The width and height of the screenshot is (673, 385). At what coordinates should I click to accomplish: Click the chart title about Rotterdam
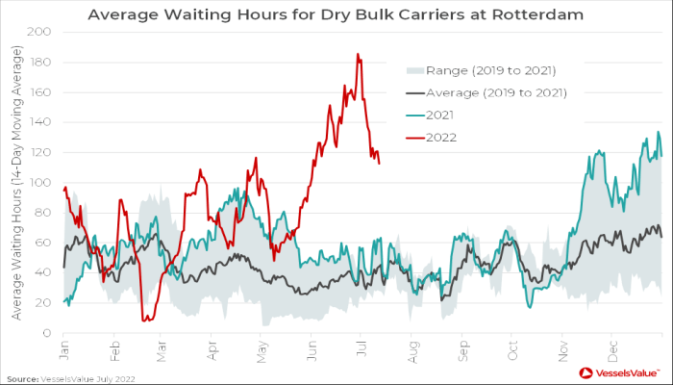337,14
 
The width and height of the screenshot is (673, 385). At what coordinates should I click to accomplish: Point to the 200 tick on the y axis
41,32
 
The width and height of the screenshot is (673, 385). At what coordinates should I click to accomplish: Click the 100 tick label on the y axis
41,183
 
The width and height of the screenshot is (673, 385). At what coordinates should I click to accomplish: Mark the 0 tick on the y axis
47,333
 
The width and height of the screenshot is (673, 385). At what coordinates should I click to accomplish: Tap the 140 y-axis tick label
41,122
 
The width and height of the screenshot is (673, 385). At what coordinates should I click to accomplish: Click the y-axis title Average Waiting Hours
17,183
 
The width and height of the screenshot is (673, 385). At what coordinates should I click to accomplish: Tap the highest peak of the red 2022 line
358,54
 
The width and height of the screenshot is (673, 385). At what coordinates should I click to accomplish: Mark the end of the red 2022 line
379,164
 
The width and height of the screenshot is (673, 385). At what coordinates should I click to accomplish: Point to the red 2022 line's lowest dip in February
144,321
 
